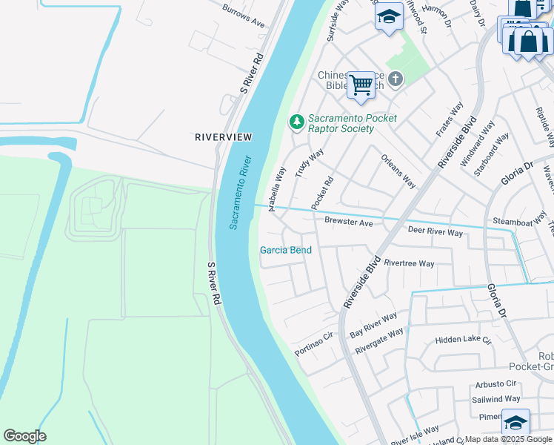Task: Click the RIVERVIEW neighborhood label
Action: pos(223,137)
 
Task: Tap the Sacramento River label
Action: pos(241,192)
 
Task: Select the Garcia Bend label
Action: pos(285,250)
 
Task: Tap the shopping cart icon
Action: pos(361,85)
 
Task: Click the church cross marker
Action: pos(396,79)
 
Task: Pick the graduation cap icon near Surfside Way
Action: pos(388,17)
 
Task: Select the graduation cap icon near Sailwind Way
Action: pos(515,423)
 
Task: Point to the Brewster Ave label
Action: pos(348,222)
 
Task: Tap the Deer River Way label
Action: pos(435,232)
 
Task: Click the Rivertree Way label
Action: pos(410,263)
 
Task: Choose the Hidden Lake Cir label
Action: pos(464,340)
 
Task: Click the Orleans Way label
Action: pos(398,171)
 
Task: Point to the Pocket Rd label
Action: pos(323,191)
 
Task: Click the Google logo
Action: pos(24,436)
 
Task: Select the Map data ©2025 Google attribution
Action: pos(508,439)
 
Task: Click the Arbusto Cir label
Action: pos(495,383)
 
